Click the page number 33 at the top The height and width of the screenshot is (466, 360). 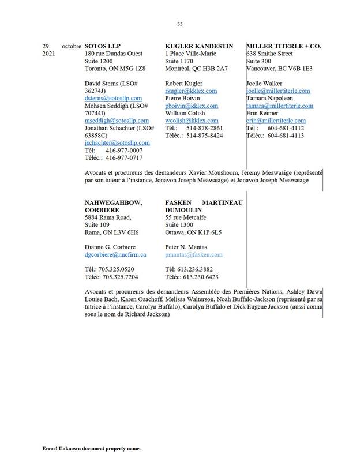click(x=180, y=24)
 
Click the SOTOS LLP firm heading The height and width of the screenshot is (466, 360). click(x=103, y=46)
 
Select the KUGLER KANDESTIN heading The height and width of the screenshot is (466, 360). click(x=199, y=46)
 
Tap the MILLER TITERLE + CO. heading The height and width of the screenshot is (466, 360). click(x=283, y=46)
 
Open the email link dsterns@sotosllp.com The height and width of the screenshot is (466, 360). click(x=113, y=99)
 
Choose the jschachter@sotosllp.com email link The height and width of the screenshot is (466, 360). click(x=117, y=143)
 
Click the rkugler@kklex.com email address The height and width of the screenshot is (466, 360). click(x=191, y=91)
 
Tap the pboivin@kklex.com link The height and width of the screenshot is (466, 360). click(x=192, y=106)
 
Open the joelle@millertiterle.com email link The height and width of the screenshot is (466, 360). click(x=278, y=91)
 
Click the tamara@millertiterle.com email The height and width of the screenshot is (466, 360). click(x=280, y=106)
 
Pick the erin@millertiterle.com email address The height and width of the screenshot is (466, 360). click(x=276, y=121)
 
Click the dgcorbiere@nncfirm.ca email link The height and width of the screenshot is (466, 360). click(x=115, y=254)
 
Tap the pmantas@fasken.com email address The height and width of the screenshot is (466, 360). click(x=193, y=254)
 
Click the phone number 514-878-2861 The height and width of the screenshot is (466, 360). click(x=205, y=128)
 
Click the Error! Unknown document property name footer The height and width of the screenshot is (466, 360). click(x=91, y=448)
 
